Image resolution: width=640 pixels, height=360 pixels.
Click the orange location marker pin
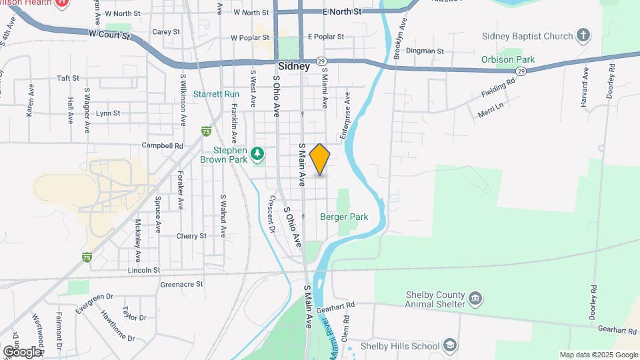tap(320, 159)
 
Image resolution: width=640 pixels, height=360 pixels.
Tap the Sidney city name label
tap(293, 67)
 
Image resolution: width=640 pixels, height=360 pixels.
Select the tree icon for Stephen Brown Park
tap(258, 155)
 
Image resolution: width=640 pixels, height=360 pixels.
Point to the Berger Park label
tap(344, 217)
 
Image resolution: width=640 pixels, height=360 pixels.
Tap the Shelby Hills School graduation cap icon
tap(451, 345)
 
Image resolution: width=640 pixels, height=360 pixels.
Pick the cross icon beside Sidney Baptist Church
tap(583, 35)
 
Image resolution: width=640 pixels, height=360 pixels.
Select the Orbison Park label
tap(509, 59)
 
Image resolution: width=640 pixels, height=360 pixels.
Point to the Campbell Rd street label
tap(162, 145)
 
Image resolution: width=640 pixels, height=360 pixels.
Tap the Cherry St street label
tap(191, 236)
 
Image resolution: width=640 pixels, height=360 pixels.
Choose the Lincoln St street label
tap(144, 270)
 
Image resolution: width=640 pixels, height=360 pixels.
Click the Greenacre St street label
tap(181, 284)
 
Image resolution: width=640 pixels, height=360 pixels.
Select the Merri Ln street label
tap(490, 109)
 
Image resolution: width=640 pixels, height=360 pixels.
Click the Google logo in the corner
tap(21, 352)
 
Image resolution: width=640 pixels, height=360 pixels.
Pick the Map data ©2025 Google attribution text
tap(598, 355)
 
